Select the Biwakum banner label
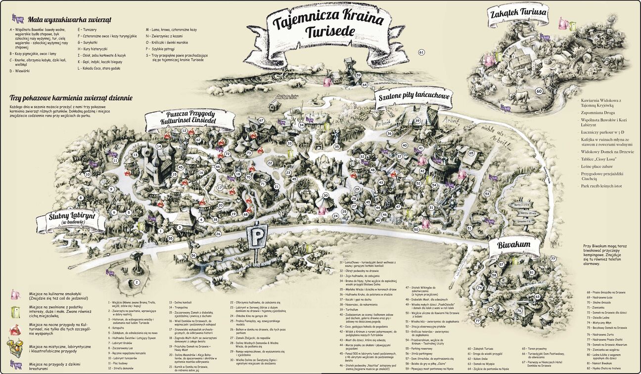tap(514, 245)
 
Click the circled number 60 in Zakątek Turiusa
tap(539, 91)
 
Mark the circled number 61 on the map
tap(421, 52)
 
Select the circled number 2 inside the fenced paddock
tap(136, 282)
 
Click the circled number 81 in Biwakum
tap(531, 273)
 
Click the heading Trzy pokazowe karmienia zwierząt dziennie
tap(71, 98)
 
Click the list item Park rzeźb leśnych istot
tap(602, 186)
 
